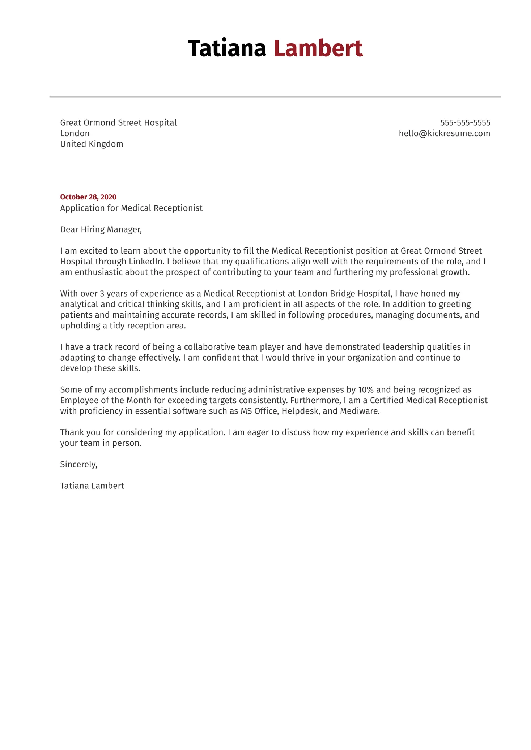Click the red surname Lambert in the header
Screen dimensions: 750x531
click(318, 48)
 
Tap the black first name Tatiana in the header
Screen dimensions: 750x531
click(227, 48)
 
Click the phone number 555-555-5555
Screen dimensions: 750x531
click(465, 123)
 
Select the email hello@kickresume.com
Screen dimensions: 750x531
click(444, 133)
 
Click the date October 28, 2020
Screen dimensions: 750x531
click(88, 197)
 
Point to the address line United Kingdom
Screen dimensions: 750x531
click(92, 144)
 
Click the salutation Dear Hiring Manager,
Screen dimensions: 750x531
click(101, 229)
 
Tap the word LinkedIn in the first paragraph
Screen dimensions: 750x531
click(146, 262)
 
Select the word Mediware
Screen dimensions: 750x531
click(360, 411)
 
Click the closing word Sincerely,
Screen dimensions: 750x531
click(79, 465)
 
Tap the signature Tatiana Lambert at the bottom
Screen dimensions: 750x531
click(92, 486)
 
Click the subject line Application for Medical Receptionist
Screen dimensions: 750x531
click(131, 208)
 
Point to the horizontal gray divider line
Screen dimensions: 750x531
click(275, 97)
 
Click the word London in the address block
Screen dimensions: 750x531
click(75, 133)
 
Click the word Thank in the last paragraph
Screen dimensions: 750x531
click(72, 432)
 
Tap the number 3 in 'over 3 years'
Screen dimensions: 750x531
click(102, 294)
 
